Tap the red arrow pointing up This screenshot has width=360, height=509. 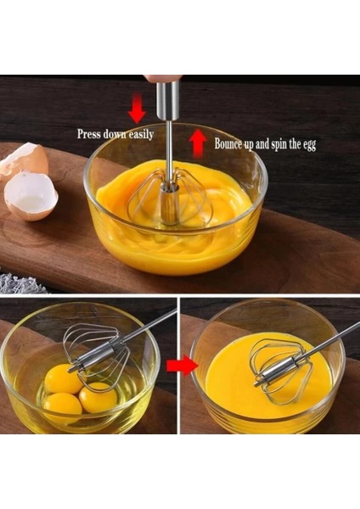[x=198, y=143]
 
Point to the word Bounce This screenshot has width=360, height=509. [x=231, y=144]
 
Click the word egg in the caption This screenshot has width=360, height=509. [x=308, y=145]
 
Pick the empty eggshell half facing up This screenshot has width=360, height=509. [x=31, y=195]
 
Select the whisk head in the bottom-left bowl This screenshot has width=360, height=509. [x=95, y=352]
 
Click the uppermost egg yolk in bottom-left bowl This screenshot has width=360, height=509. [x=63, y=379]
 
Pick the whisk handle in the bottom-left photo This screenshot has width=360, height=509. [x=153, y=324]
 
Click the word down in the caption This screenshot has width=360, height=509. [x=117, y=134]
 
